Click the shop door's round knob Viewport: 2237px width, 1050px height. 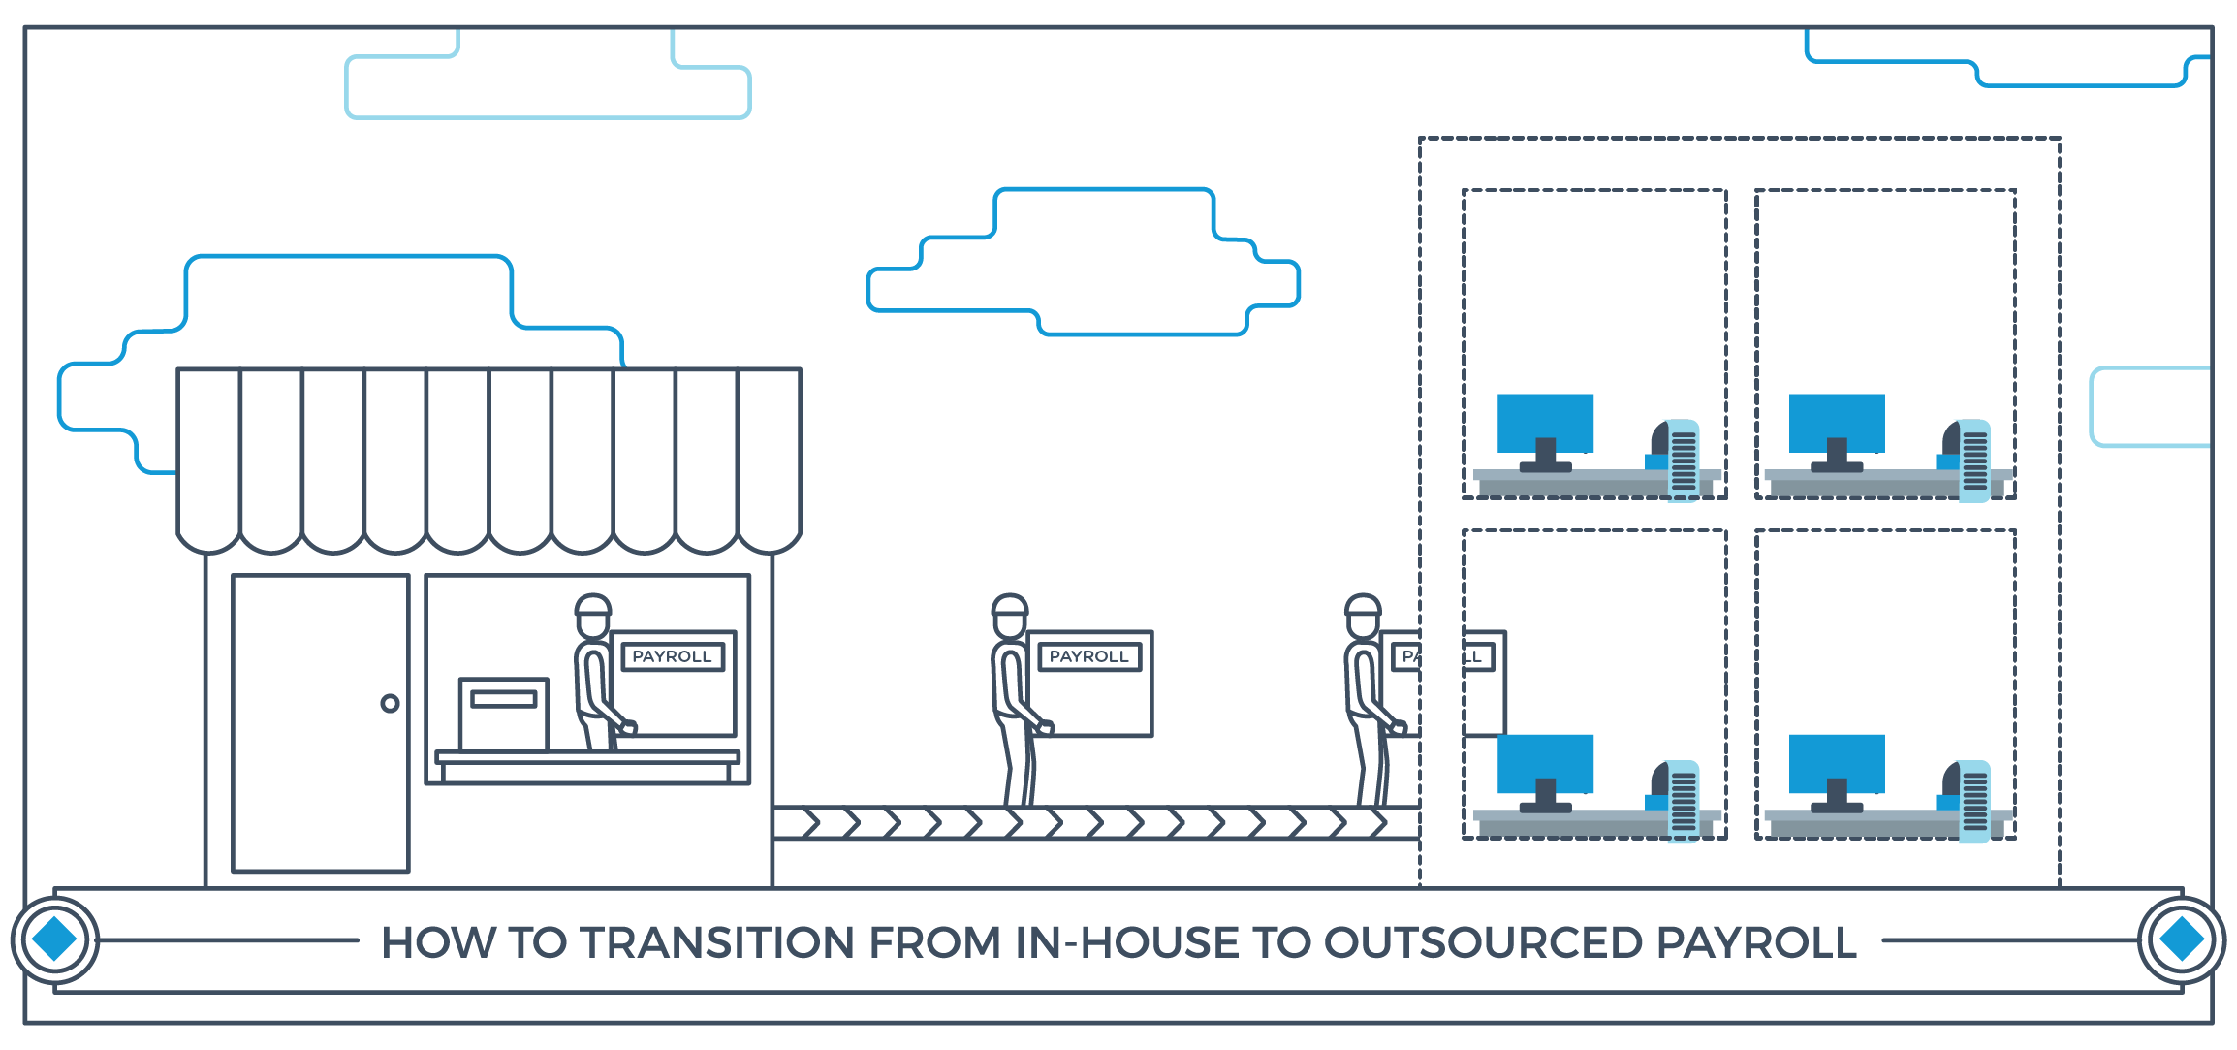tap(390, 703)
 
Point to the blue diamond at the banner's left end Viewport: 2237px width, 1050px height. tap(54, 939)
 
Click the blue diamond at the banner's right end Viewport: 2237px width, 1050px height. tap(2182, 939)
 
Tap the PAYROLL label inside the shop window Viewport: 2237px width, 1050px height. tap(672, 656)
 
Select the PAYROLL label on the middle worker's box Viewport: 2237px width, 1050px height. tap(1088, 656)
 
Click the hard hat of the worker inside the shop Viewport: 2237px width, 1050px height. tap(592, 605)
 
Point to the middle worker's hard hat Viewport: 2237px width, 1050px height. tap(1009, 605)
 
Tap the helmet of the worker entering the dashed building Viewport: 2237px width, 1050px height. tap(1362, 605)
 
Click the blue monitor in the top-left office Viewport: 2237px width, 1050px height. tap(1545, 423)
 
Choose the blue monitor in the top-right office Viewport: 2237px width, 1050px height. tap(1837, 423)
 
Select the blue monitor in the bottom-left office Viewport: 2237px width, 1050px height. tap(1545, 763)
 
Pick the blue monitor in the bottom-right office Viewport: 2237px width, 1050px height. tap(1837, 763)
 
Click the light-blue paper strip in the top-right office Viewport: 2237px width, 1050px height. tap(1974, 461)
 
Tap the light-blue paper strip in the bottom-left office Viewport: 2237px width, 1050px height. tap(1684, 801)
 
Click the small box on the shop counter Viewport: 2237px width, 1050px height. tap(503, 715)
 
